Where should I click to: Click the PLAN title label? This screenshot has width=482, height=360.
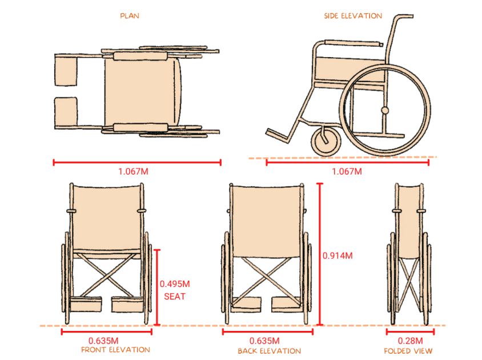(130, 16)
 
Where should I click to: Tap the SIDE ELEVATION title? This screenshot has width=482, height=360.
(353, 16)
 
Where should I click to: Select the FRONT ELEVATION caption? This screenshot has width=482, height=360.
(115, 350)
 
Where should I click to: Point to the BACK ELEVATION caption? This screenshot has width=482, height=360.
(270, 351)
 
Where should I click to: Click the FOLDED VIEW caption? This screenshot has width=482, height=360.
(408, 351)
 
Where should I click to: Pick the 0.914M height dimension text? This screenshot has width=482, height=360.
(338, 256)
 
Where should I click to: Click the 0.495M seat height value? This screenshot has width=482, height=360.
(175, 284)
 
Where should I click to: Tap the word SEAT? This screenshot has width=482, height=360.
(175, 297)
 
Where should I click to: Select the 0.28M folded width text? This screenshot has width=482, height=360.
(411, 341)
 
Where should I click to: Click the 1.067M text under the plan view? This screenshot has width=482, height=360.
(133, 171)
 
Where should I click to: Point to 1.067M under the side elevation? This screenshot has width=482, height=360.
(347, 171)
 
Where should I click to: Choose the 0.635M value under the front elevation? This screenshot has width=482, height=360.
(103, 341)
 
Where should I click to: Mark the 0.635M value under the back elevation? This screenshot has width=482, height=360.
(264, 341)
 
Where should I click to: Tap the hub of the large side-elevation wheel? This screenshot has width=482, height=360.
(385, 110)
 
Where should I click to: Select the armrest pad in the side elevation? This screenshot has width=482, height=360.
(354, 43)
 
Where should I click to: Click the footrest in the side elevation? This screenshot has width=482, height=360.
(278, 135)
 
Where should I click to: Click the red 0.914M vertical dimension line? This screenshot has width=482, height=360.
(320, 254)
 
